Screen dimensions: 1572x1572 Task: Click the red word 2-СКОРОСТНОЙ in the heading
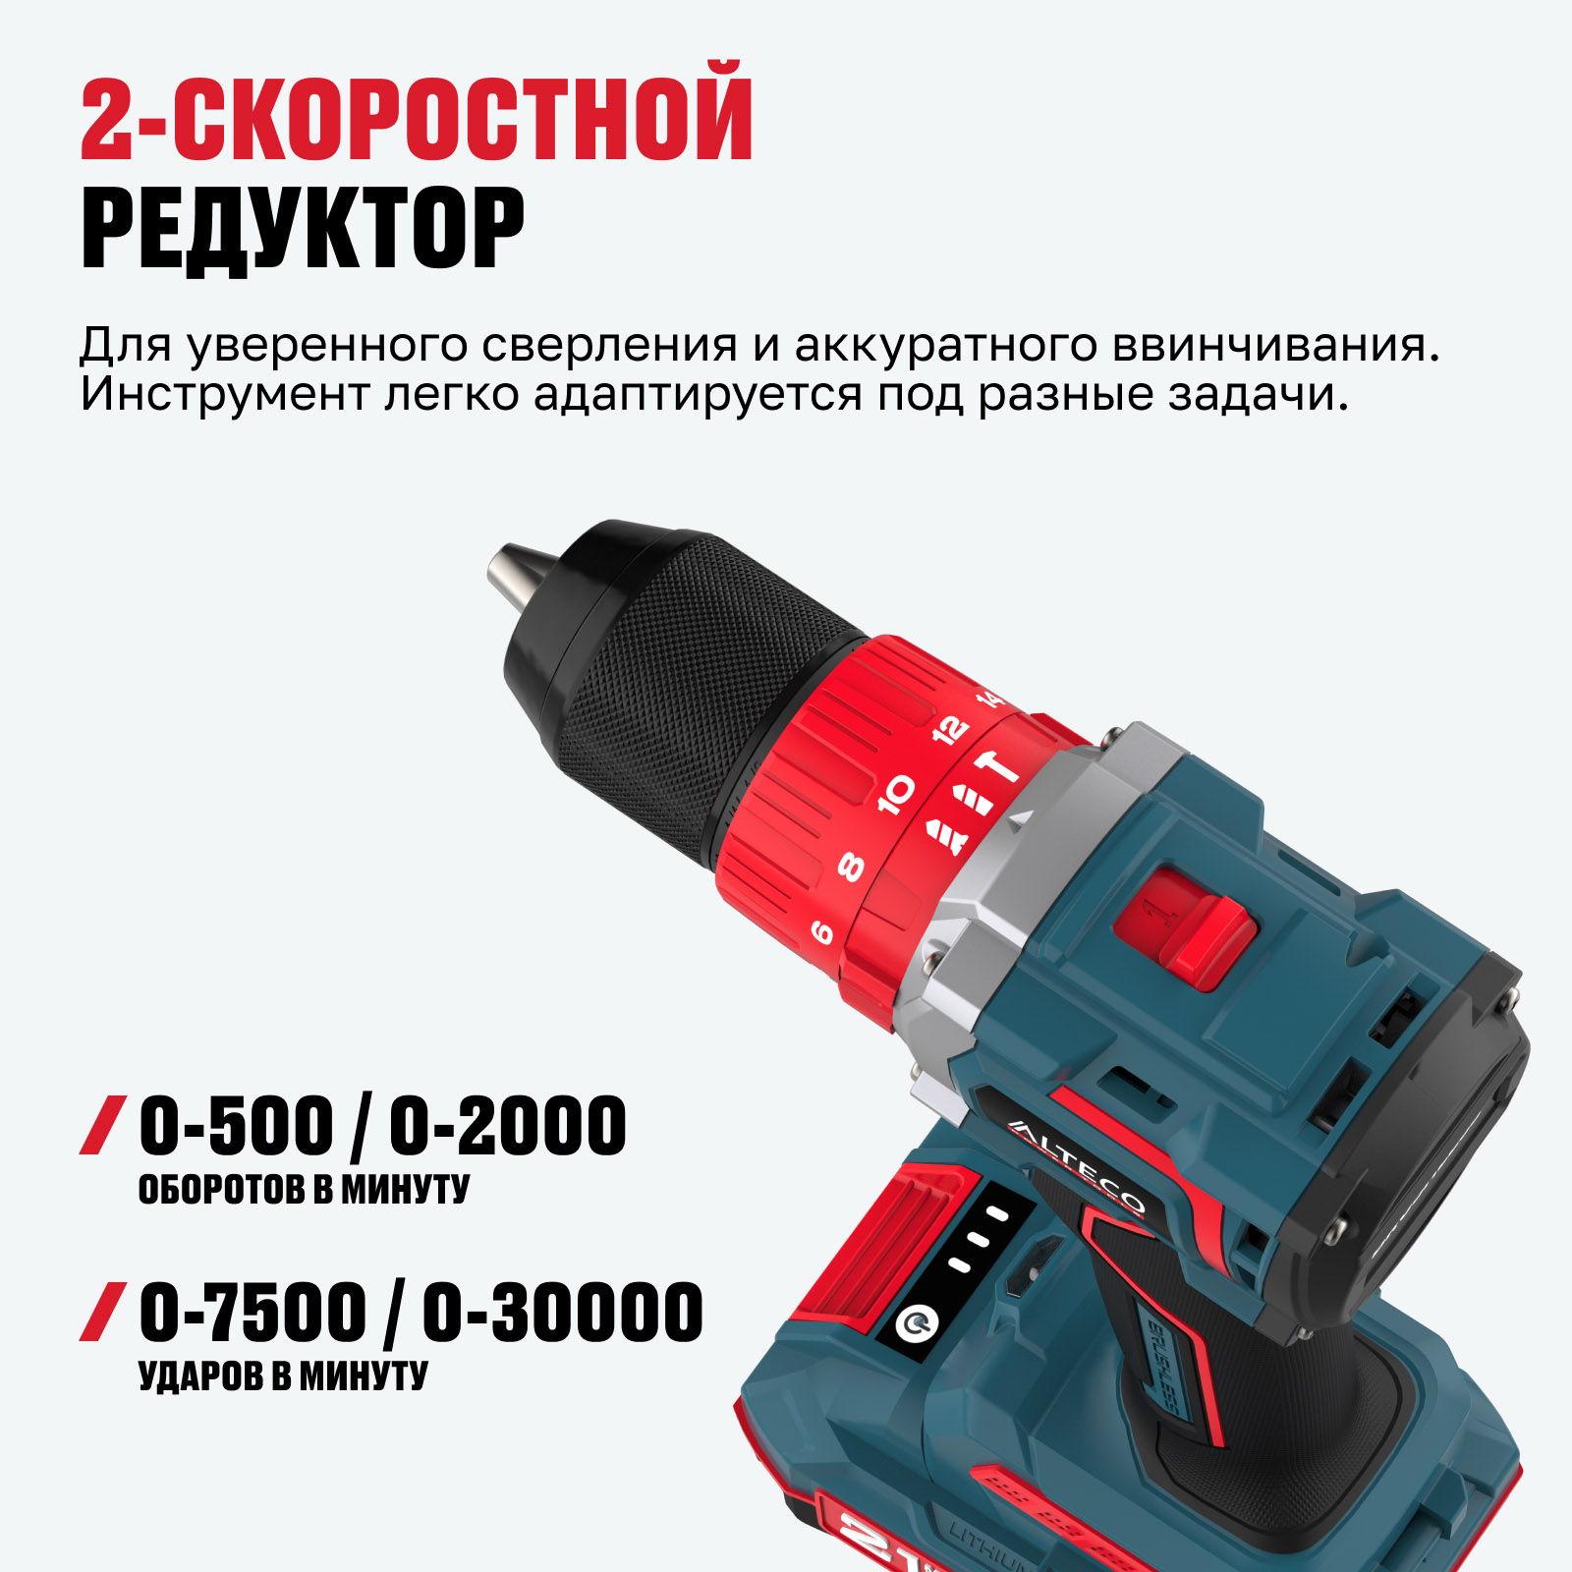point(417,111)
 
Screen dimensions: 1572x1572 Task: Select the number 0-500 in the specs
point(236,1126)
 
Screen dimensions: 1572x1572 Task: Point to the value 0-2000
point(507,1126)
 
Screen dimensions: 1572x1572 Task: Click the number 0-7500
point(253,1312)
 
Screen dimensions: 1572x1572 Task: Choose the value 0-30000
point(563,1312)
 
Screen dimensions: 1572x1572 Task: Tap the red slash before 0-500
point(103,1125)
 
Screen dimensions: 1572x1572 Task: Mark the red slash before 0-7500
point(103,1312)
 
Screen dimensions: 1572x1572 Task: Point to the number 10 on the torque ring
point(896,794)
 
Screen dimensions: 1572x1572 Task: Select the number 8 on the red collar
point(851,867)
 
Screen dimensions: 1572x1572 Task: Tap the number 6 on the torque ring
point(821,931)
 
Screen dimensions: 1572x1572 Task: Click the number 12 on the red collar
point(949,730)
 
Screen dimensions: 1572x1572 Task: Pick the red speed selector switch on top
point(1192,925)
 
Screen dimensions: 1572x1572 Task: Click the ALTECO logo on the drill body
point(1077,1167)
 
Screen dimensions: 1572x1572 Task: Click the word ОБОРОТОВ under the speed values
point(221,1190)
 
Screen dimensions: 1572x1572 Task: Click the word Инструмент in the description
point(224,395)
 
